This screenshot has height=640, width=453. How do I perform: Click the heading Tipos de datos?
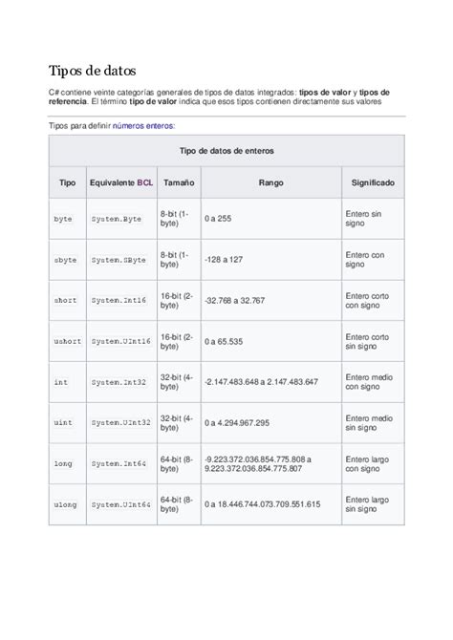click(93, 72)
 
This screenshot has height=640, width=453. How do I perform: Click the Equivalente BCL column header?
click(120, 181)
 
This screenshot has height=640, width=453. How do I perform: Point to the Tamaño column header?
click(178, 181)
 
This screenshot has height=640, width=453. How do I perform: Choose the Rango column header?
click(270, 181)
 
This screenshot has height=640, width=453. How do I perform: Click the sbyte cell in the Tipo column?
click(65, 259)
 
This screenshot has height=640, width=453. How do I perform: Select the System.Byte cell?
click(117, 219)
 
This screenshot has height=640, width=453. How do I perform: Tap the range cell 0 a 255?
click(219, 219)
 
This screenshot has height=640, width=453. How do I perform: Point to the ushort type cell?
click(67, 341)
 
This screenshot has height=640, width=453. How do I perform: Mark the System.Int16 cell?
click(119, 300)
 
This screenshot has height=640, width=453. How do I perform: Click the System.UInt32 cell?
click(120, 422)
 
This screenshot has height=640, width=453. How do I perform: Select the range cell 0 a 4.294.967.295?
click(244, 422)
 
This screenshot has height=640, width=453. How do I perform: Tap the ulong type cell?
click(65, 503)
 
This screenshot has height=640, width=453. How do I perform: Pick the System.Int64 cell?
click(119, 463)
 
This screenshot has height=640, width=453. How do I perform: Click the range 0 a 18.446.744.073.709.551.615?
click(262, 503)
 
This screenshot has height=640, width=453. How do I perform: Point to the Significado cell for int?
click(369, 381)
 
